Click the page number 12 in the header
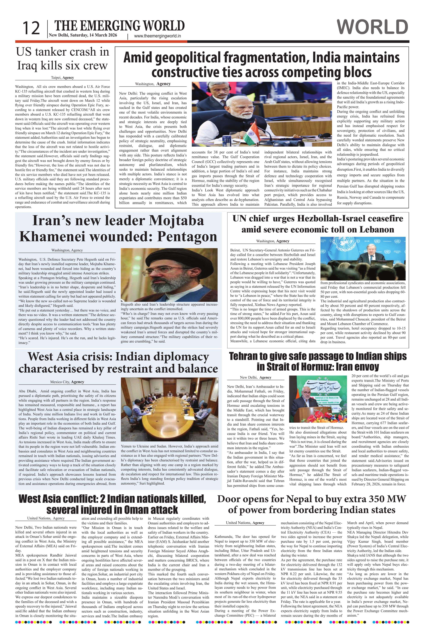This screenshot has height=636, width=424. (x=31, y=28)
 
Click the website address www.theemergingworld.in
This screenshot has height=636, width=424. (x=157, y=36)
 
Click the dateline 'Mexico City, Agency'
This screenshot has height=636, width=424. (x=67, y=382)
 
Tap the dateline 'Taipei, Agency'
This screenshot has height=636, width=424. (x=62, y=78)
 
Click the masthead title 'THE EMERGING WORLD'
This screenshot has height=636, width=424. (x=119, y=26)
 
